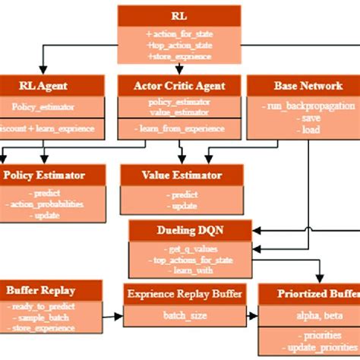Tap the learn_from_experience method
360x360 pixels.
click(x=179, y=128)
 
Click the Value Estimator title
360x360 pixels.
click(x=182, y=175)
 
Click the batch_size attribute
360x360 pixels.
click(x=184, y=314)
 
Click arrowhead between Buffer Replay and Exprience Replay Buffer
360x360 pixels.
click(x=118, y=313)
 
